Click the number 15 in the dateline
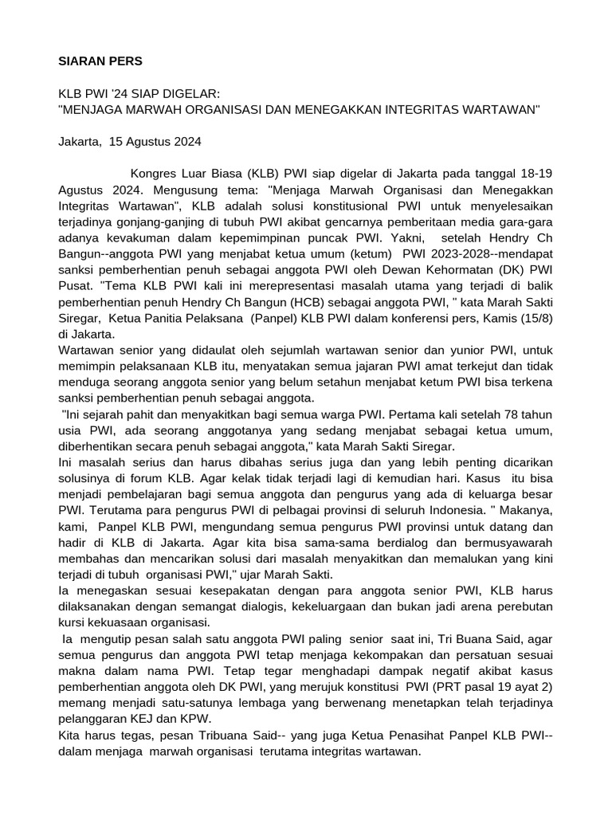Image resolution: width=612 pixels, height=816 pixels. point(117,142)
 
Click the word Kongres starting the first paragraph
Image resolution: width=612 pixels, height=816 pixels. point(153,173)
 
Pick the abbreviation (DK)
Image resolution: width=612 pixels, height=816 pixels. point(488,269)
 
